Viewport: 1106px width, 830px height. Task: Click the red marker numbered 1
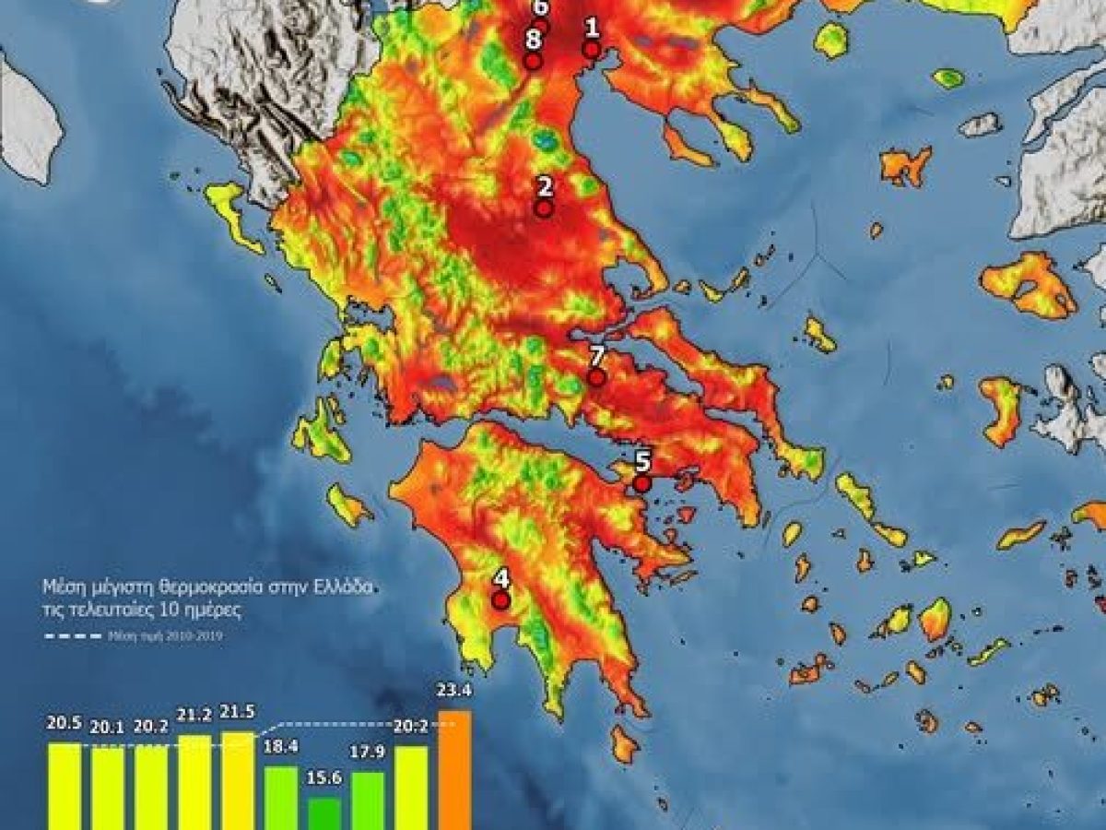coord(592,50)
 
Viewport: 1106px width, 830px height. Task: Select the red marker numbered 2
coord(545,208)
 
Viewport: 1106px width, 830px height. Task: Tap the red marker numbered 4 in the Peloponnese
coord(501,600)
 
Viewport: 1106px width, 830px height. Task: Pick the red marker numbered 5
coord(642,483)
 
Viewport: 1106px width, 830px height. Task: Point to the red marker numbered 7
coord(596,377)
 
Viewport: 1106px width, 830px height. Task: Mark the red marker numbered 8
coord(532,61)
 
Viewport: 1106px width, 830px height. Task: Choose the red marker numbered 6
coord(541,26)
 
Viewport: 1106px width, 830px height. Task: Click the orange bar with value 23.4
coord(455,770)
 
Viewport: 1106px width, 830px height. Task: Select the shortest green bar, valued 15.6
coord(324,813)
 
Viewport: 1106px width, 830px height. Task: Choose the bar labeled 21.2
coord(194,782)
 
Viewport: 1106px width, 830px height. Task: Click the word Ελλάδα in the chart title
coord(344,586)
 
